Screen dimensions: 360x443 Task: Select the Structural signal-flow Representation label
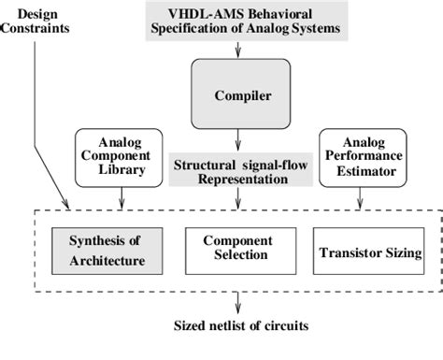tap(236, 172)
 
